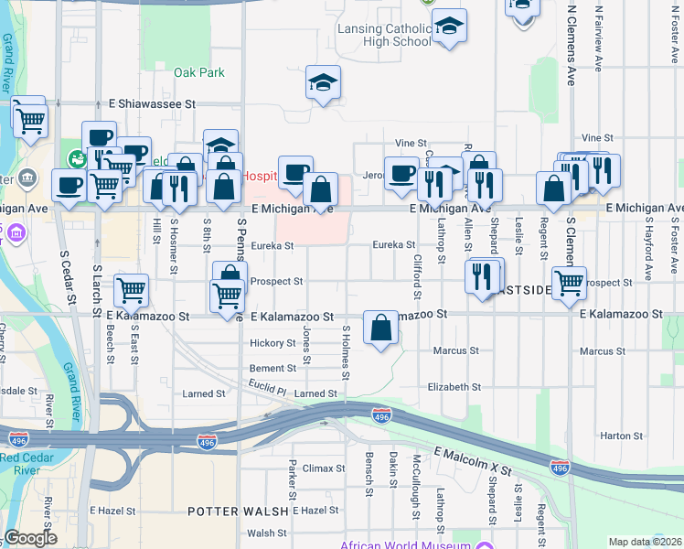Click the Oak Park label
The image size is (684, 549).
[x=199, y=72]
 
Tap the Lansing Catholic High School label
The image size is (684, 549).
[x=384, y=35]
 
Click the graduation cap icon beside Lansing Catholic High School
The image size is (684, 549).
[x=449, y=27]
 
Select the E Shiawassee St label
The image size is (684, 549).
[x=153, y=104]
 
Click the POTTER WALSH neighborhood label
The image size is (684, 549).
[x=238, y=510]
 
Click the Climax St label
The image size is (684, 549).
[x=324, y=468]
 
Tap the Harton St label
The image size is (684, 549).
[x=623, y=436]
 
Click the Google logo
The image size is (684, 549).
[x=30, y=538]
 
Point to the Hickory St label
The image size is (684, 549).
[x=273, y=344]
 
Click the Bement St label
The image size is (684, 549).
[x=273, y=368]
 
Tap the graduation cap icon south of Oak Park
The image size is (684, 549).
[x=323, y=83]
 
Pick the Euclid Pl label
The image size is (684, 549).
[x=269, y=390]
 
